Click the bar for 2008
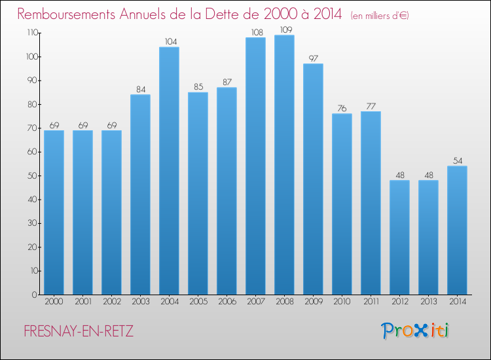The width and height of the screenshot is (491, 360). (x=284, y=165)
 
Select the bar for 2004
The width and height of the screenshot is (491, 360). (x=169, y=171)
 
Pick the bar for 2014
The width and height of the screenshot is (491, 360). (x=457, y=230)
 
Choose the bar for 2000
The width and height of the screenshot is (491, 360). (x=54, y=212)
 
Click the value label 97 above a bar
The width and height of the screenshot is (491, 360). (x=313, y=58)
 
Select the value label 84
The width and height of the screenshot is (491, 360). (x=140, y=89)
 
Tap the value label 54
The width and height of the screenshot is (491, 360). (x=457, y=160)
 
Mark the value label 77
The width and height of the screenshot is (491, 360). (x=371, y=106)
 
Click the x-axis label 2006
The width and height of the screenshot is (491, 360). (x=227, y=302)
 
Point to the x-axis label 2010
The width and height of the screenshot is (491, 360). (x=342, y=302)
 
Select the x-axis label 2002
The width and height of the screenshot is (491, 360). (x=111, y=302)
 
